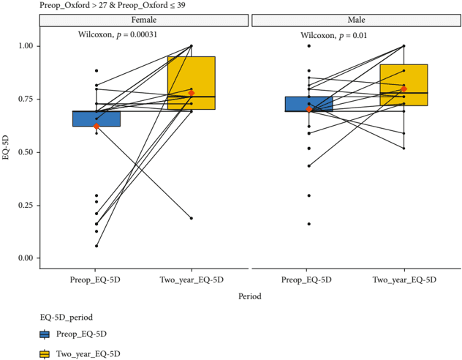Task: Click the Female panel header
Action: point(143,20)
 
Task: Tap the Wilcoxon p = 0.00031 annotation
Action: point(128,34)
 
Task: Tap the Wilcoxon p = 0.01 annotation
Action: point(334,35)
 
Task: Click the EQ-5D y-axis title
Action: point(7,152)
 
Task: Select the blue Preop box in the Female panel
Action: point(96,119)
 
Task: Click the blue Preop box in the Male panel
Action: point(308,104)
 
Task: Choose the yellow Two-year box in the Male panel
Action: point(404,85)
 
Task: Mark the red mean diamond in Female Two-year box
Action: point(191,93)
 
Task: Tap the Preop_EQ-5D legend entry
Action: point(73,334)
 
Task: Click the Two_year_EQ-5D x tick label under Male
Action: point(404,280)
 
